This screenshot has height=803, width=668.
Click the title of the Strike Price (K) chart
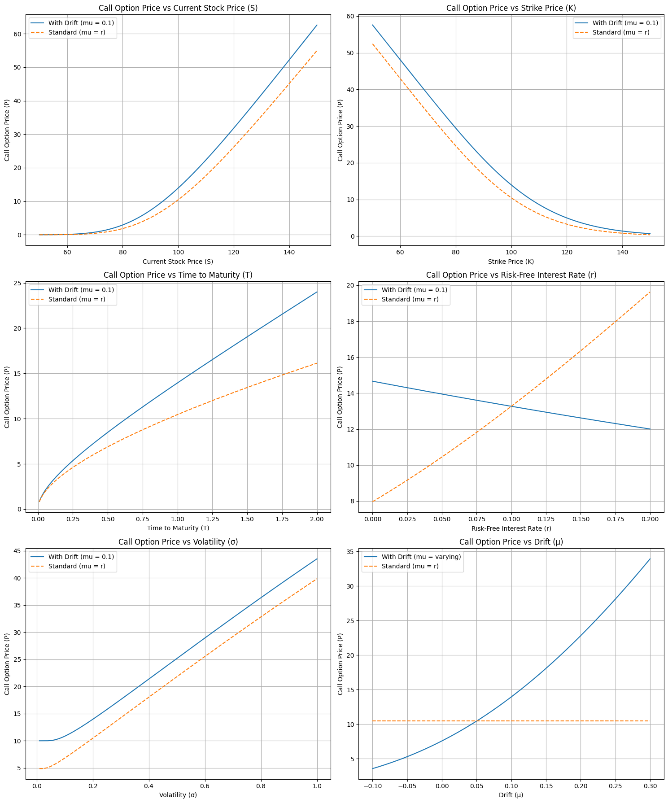511,8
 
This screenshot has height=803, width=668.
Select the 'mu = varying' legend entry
421,557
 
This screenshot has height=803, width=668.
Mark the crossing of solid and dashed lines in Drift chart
476,721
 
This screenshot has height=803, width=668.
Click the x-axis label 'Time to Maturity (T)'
178,528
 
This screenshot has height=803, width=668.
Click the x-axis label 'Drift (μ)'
511,795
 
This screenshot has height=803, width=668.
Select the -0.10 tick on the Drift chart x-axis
372,786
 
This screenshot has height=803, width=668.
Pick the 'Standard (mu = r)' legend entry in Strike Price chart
620,32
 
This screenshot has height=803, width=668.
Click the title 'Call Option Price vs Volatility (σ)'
178,542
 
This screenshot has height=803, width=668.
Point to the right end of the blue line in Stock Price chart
317,25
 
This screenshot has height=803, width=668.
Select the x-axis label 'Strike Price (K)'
511,262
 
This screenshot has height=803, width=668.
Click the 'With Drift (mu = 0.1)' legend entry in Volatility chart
81,557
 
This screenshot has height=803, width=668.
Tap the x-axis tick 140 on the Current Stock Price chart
289,252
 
